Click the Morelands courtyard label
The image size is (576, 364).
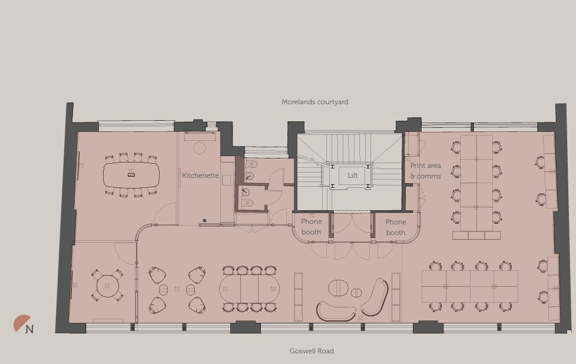click(315, 102)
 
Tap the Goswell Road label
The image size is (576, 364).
click(312, 351)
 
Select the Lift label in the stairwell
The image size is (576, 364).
click(353, 176)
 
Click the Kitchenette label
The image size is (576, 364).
click(200, 176)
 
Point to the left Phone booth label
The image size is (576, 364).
click(312, 227)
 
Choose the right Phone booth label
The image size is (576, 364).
click(396, 227)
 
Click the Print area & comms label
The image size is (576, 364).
click(425, 171)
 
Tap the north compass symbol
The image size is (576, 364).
click(24, 325)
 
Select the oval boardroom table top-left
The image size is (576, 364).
click(131, 174)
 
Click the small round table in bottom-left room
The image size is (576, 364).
click(107, 286)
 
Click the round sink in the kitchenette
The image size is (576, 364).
click(200, 147)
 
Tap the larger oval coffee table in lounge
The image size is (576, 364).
click(338, 288)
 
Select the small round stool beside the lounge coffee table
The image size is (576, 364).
click(356, 293)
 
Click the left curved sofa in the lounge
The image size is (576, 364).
click(336, 310)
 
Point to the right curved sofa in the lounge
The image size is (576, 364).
click(376, 297)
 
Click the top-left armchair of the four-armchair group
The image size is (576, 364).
click(158, 275)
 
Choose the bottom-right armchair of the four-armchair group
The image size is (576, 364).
click(197, 305)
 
